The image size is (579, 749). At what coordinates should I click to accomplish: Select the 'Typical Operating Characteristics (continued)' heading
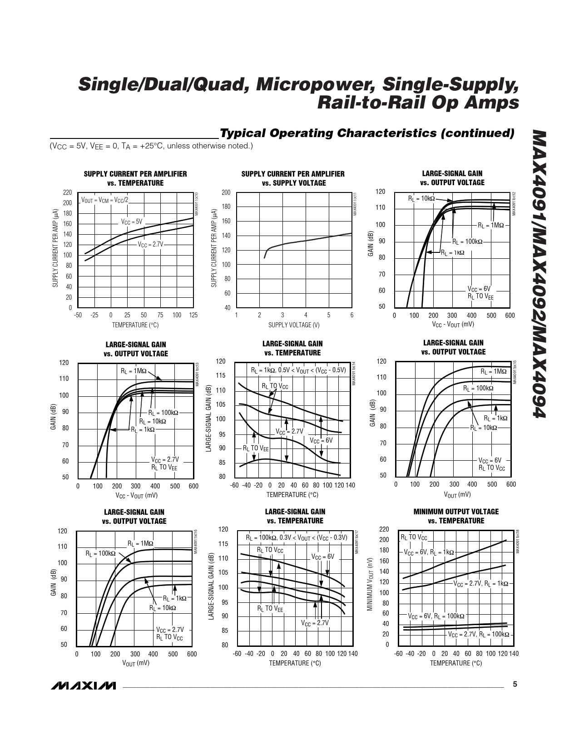pyautogui.click(x=366, y=133)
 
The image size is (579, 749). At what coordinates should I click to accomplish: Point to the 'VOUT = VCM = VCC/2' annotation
pyautogui.click(x=104, y=200)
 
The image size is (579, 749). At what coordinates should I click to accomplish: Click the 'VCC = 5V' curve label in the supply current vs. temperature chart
pyautogui.click(x=132, y=222)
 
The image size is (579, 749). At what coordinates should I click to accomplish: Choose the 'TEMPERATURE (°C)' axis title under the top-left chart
pyautogui.click(x=135, y=325)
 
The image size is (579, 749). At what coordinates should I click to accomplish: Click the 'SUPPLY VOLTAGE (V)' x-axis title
pyautogui.click(x=294, y=325)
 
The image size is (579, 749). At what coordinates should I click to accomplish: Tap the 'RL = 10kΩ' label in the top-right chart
pyautogui.click(x=421, y=198)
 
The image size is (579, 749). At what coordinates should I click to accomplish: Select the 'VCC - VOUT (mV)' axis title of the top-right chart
pyautogui.click(x=453, y=324)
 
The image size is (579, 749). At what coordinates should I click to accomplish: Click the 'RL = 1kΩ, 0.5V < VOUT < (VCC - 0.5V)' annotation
pyautogui.click(x=298, y=370)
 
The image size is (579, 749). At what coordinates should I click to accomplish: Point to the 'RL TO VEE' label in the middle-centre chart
pyautogui.click(x=256, y=448)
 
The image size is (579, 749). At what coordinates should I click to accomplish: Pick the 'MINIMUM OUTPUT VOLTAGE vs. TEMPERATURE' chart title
pyautogui.click(x=456, y=516)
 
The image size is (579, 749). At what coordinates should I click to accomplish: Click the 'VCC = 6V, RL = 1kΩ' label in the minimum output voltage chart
pyautogui.click(x=429, y=552)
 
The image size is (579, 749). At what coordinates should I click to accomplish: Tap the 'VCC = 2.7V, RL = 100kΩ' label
pyautogui.click(x=479, y=634)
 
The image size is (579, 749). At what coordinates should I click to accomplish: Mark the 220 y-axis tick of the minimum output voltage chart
pyautogui.click(x=384, y=529)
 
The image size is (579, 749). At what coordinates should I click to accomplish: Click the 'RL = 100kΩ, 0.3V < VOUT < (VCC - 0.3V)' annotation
pyautogui.click(x=297, y=537)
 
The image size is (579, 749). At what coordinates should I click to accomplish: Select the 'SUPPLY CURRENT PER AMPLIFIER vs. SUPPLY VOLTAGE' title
pyautogui.click(x=293, y=178)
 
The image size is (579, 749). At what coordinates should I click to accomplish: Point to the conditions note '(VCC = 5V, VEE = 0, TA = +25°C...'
pyautogui.click(x=151, y=146)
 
